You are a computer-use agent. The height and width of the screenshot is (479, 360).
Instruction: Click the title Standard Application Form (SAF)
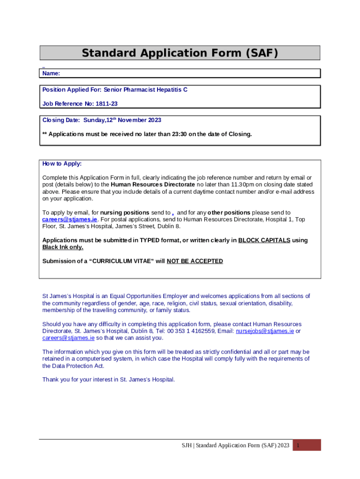180,53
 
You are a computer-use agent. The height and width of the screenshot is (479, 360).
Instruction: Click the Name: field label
51,73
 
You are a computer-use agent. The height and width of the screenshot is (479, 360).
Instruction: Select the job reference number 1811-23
107,104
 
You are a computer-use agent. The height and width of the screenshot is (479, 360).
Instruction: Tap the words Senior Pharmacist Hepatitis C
145,90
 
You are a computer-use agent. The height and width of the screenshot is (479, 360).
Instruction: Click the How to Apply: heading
62,164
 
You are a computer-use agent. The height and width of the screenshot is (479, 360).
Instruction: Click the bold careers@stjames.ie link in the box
70,219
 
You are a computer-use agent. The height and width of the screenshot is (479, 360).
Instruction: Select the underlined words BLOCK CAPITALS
264,240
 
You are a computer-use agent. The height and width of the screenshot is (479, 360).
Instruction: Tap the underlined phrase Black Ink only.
63,247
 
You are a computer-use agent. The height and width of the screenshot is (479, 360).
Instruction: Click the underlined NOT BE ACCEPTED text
194,261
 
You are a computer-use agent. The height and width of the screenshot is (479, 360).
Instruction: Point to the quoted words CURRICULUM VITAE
124,261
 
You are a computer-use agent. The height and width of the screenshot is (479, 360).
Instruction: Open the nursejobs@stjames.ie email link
265,331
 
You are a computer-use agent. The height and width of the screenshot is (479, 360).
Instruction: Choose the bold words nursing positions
125,212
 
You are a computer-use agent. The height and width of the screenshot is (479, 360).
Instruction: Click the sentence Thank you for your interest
108,379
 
